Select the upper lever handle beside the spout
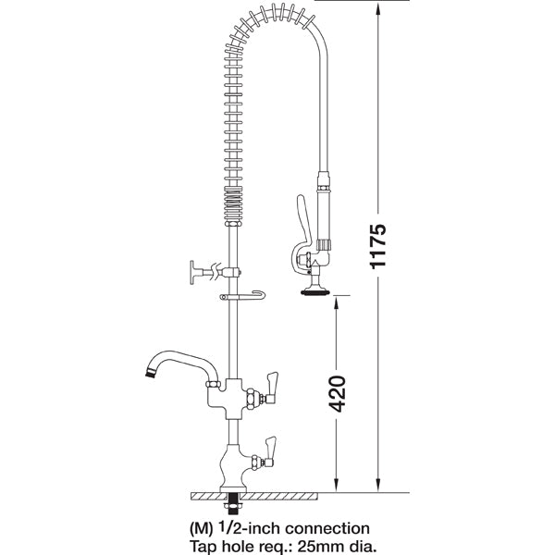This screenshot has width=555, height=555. click(273, 381)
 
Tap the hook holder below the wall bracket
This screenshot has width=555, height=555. click(242, 296)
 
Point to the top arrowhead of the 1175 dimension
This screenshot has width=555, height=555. click(378, 8)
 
